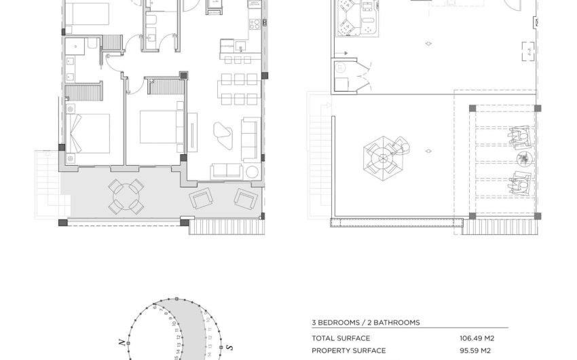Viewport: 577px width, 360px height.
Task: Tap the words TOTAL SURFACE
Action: (341, 338)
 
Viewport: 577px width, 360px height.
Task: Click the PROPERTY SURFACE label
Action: (349, 350)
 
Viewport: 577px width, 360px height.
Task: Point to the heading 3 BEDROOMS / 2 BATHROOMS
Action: (365, 323)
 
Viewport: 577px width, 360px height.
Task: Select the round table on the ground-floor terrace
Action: (126, 196)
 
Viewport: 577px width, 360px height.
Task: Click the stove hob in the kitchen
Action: (257, 24)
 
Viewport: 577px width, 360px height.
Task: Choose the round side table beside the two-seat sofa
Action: (252, 171)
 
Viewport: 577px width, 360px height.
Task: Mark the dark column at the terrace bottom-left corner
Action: (62, 223)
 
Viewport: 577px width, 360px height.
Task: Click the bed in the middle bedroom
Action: (158, 126)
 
